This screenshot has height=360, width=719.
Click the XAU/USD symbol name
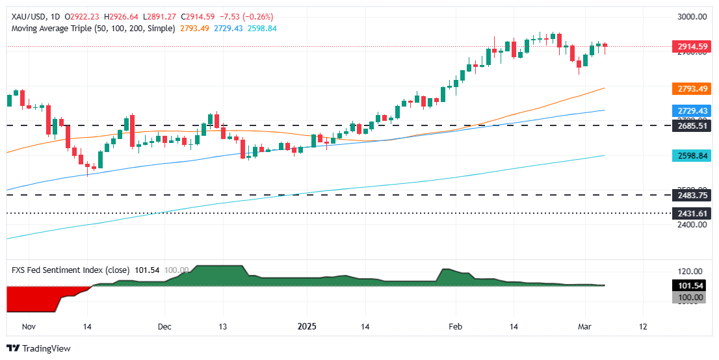tap(27, 16)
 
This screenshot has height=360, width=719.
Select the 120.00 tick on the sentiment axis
tap(689, 272)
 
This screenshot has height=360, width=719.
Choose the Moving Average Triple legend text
tap(91, 29)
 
